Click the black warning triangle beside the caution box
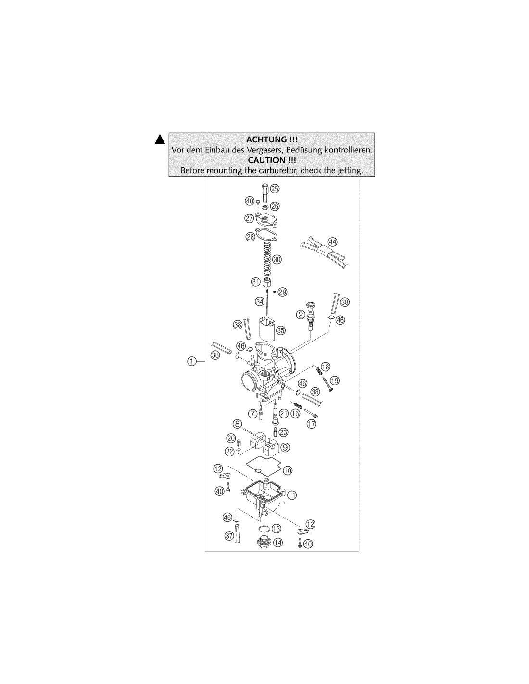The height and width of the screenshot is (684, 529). [160, 139]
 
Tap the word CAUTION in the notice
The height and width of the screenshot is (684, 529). [266, 160]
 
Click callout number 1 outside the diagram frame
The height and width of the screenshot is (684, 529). [192, 361]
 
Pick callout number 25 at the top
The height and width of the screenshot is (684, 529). [275, 189]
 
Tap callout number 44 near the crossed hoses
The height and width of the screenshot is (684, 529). [332, 242]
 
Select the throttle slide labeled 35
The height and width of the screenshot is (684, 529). [266, 330]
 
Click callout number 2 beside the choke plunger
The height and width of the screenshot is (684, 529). [301, 314]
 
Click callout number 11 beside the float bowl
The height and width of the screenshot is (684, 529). [292, 495]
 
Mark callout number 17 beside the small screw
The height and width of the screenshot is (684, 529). [312, 424]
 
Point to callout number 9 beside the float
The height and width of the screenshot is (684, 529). [285, 447]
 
